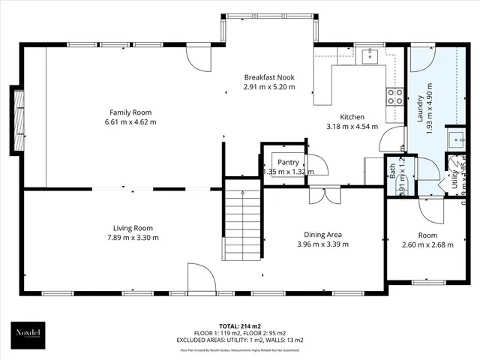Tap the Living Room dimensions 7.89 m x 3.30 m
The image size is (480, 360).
click(x=133, y=238)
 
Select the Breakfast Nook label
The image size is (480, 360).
click(x=269, y=77)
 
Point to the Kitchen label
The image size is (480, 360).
click(x=352, y=117)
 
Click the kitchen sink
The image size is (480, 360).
click(x=368, y=55)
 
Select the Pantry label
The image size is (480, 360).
click(x=289, y=162)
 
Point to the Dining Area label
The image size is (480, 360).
click(x=323, y=234)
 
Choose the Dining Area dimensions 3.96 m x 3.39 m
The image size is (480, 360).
click(x=323, y=244)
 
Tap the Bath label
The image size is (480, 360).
click(x=393, y=170)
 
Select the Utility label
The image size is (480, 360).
click(x=454, y=180)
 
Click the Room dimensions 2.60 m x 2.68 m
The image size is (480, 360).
click(x=428, y=244)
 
